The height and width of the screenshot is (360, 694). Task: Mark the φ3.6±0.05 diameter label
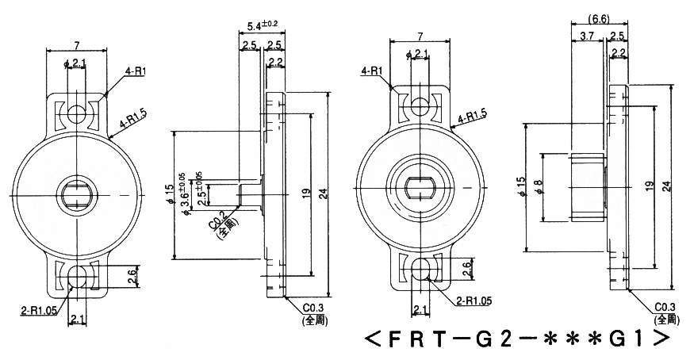point(185,193)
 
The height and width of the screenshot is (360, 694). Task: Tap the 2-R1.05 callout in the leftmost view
point(32,304)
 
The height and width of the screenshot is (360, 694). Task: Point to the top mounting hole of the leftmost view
point(78,113)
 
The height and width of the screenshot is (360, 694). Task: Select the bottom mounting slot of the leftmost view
point(78,277)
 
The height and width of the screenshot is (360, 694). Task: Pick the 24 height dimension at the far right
point(668,186)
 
